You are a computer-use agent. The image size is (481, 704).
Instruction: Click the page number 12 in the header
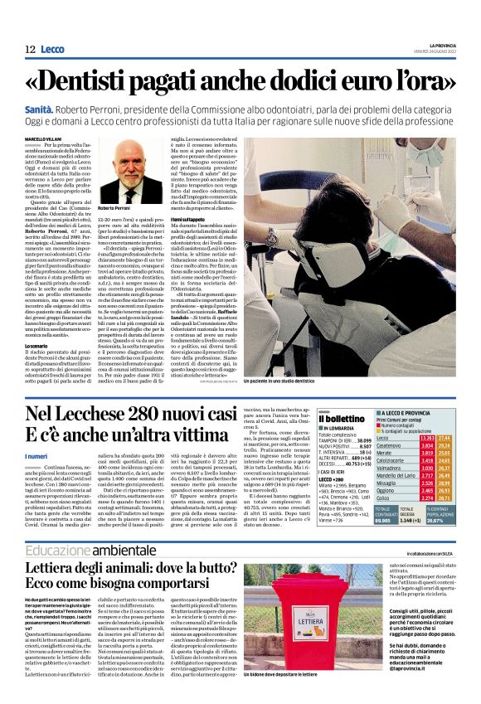tap(28, 50)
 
